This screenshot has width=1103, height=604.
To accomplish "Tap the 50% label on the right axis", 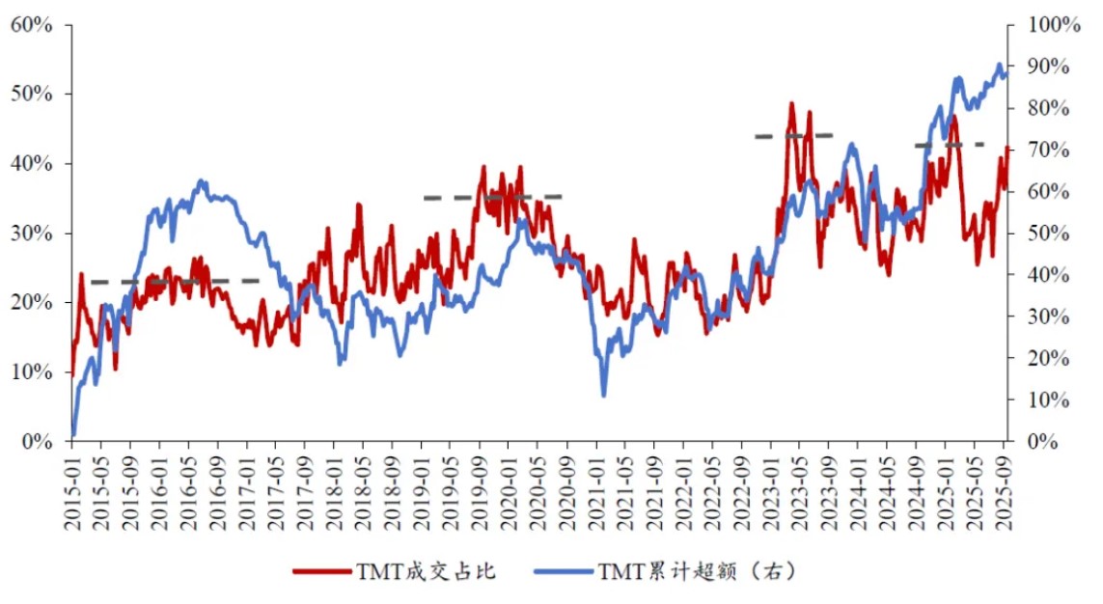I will [x=1045, y=233].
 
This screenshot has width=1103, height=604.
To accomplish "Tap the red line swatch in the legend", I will [x=323, y=571].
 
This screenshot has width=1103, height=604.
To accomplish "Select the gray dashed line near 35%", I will [x=492, y=197].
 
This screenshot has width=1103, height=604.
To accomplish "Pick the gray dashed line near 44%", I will [x=793, y=136].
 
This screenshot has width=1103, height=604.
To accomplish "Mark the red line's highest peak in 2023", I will [x=791, y=103].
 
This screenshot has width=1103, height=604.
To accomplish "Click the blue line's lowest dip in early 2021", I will [x=604, y=395].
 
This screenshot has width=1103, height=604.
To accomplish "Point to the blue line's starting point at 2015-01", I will [x=73, y=435].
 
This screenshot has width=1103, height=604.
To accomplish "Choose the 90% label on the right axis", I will [x=1045, y=66].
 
